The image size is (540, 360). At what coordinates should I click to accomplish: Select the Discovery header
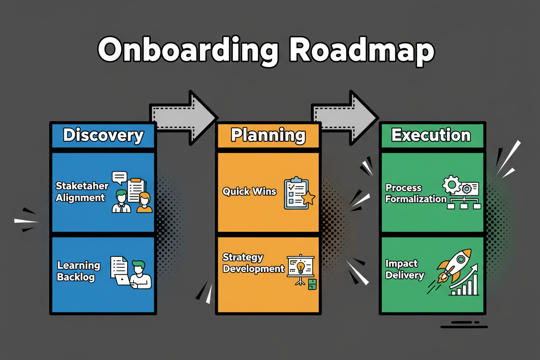(x=103, y=135)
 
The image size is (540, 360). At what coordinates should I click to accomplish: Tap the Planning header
(x=268, y=135)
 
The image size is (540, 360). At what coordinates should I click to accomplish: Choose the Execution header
(x=431, y=135)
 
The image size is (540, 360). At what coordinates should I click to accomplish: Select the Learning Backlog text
(x=78, y=271)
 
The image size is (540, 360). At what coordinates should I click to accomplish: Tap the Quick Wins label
(x=249, y=191)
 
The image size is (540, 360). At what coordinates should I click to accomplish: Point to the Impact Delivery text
(x=404, y=269)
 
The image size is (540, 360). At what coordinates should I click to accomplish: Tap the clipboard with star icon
(x=298, y=193)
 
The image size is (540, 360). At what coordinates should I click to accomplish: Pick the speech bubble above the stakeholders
(x=119, y=177)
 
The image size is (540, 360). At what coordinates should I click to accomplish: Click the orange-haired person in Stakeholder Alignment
(x=145, y=202)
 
